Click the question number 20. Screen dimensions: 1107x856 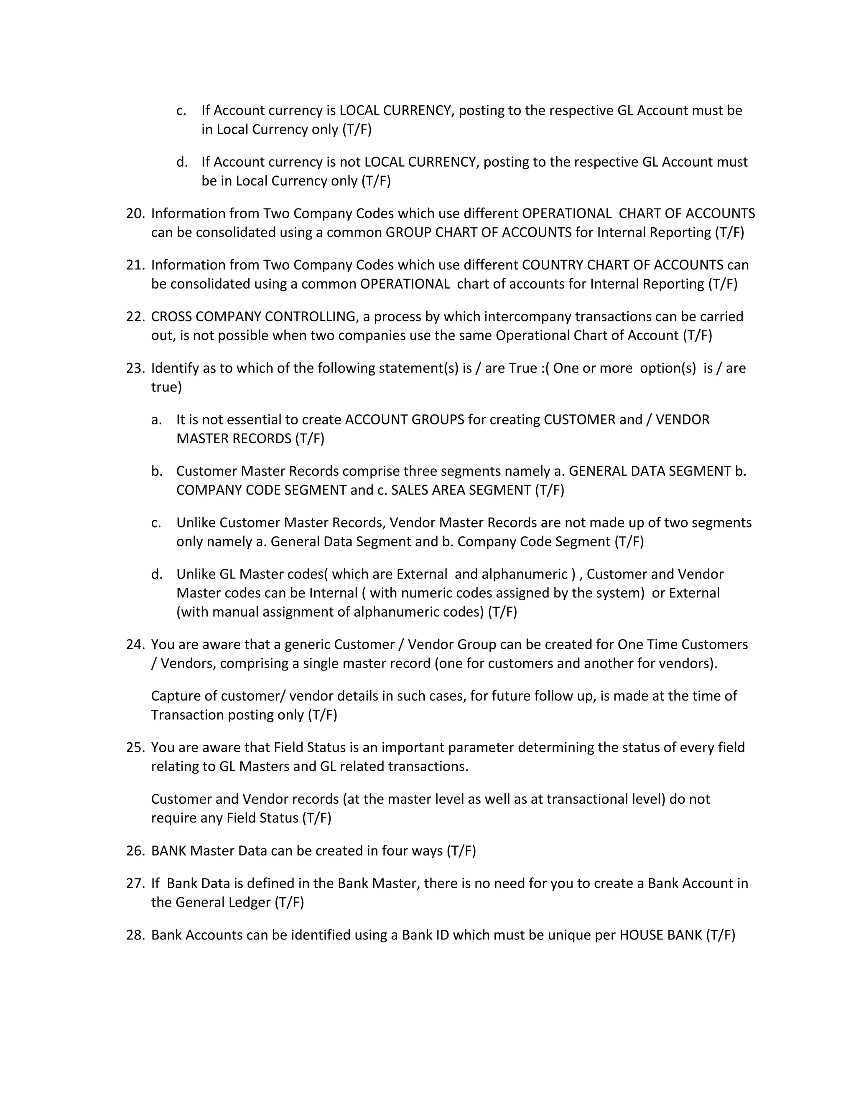coord(135,213)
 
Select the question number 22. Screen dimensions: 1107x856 coord(135,317)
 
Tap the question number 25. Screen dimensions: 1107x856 coord(135,748)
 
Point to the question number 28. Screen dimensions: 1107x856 coord(135,935)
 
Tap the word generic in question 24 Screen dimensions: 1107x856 coord(306,645)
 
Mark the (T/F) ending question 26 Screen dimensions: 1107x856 coord(461,851)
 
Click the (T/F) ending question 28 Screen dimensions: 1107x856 coord(720,935)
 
